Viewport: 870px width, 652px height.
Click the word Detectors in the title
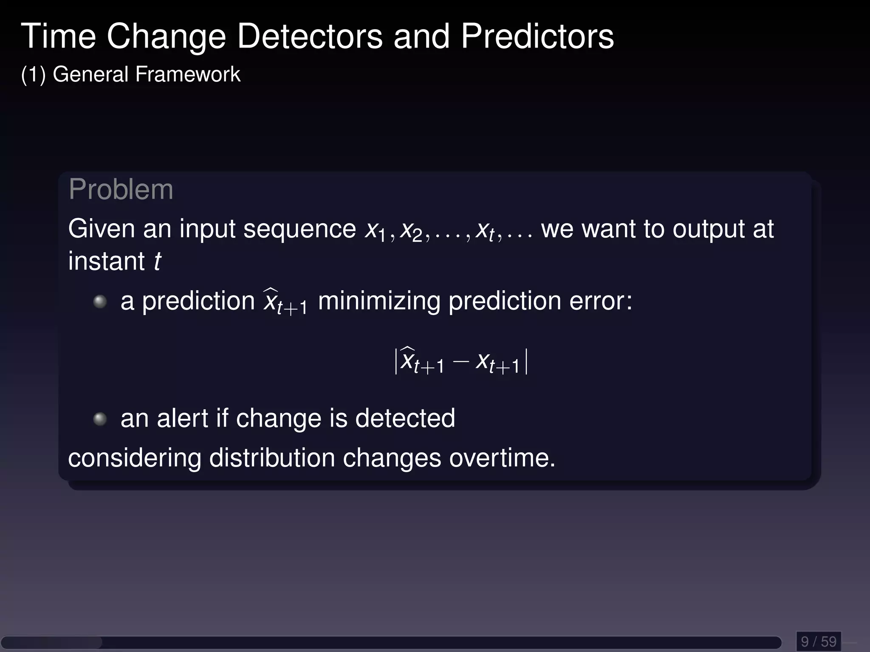pyautogui.click(x=310, y=37)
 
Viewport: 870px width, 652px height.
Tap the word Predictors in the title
pyautogui.click(x=537, y=37)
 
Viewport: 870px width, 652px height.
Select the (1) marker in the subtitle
pyautogui.click(x=33, y=75)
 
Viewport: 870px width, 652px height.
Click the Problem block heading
pyautogui.click(x=121, y=189)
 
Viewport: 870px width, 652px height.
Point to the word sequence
pyautogui.click(x=299, y=230)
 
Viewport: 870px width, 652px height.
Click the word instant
pyautogui.click(x=106, y=261)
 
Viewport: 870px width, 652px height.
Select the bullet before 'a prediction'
pyautogui.click(x=100, y=302)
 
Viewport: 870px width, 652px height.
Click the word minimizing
pyautogui.click(x=379, y=301)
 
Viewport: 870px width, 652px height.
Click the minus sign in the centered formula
pyautogui.click(x=460, y=362)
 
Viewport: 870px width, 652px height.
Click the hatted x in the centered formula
pyautogui.click(x=408, y=360)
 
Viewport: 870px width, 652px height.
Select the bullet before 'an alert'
pyautogui.click(x=100, y=419)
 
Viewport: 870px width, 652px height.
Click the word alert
pyautogui.click(x=182, y=419)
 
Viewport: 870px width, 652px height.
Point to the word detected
pyautogui.click(x=405, y=419)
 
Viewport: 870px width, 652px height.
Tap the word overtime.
pyautogui.click(x=502, y=458)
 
